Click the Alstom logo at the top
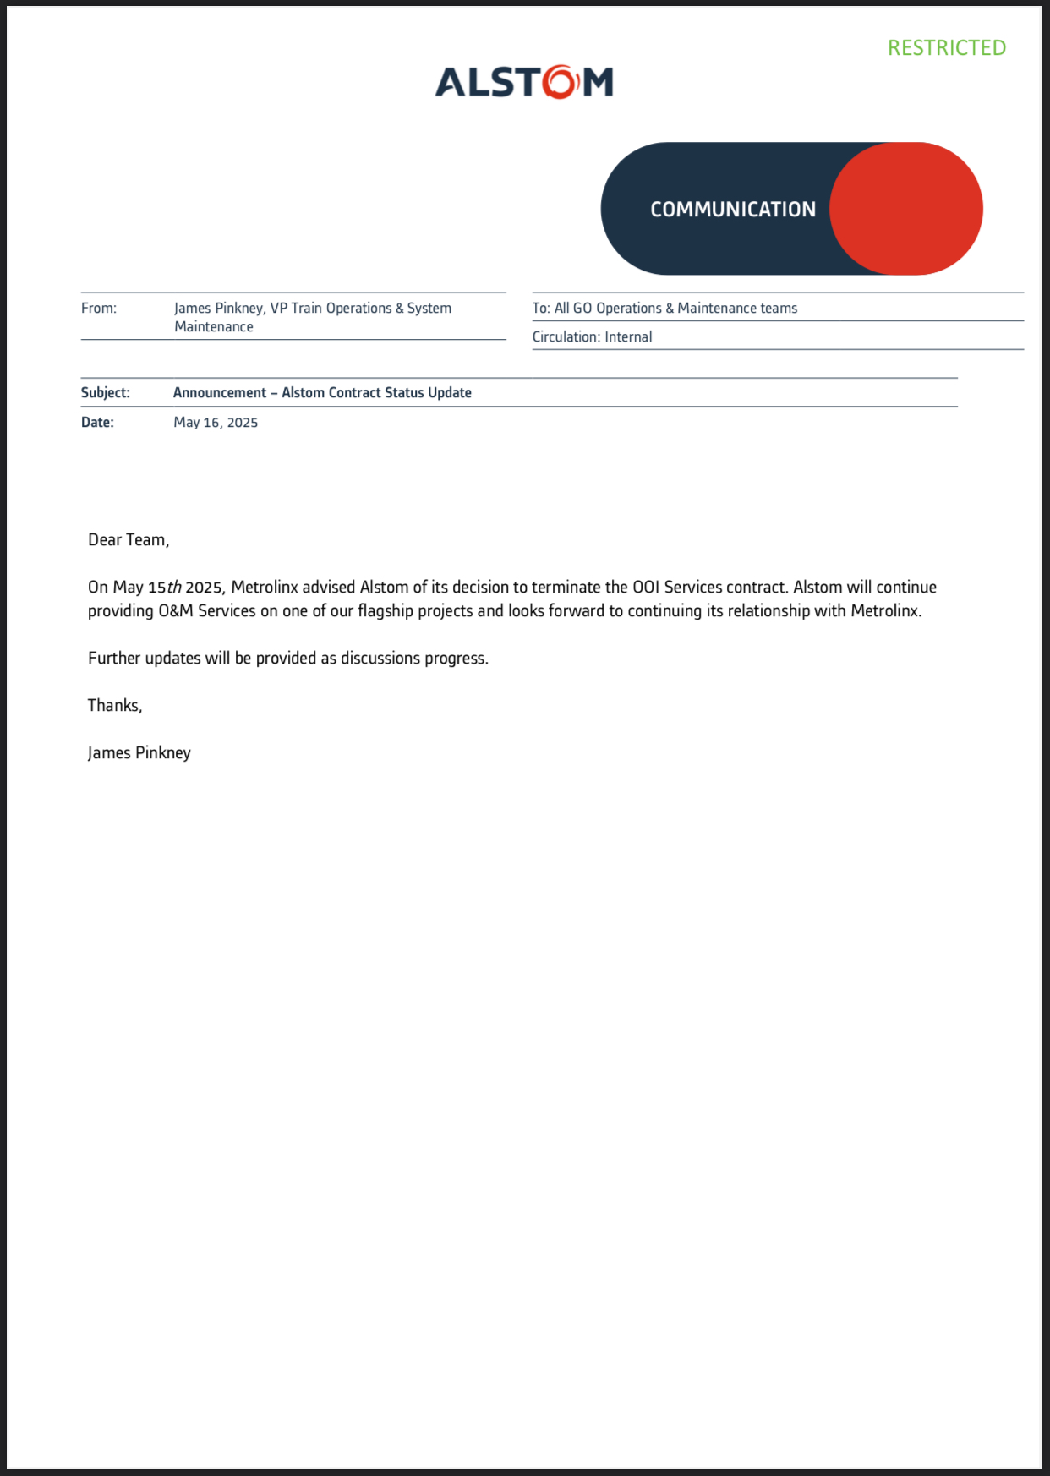pos(524,82)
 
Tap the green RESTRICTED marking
pos(946,48)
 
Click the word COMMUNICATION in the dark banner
pos(732,210)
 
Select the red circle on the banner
pos(905,209)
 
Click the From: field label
pos(99,309)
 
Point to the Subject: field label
pos(106,393)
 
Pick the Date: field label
pos(97,423)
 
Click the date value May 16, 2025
pos(216,423)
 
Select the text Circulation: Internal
pos(592,337)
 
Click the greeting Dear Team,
pos(129,540)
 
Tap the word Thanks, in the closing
pos(115,706)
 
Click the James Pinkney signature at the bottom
pos(139,753)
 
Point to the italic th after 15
pos(174,588)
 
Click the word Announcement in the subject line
pos(220,393)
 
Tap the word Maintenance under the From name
pos(214,327)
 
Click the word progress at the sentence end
pos(458,659)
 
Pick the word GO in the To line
pos(582,309)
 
